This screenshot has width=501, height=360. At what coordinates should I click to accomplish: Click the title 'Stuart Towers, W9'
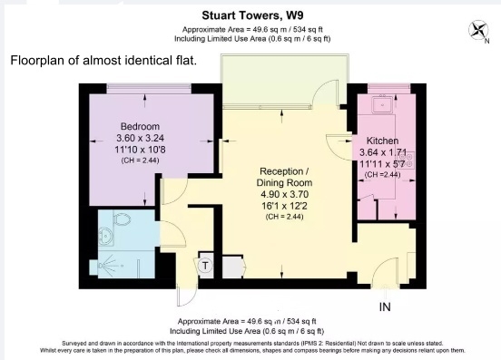250,15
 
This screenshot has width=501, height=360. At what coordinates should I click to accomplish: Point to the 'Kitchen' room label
383,141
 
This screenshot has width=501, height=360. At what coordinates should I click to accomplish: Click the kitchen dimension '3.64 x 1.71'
383,153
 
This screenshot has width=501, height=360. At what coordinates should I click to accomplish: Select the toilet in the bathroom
123,220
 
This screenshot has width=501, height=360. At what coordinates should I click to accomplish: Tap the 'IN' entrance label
384,307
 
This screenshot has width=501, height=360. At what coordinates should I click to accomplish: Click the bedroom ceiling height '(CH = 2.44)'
139,160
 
